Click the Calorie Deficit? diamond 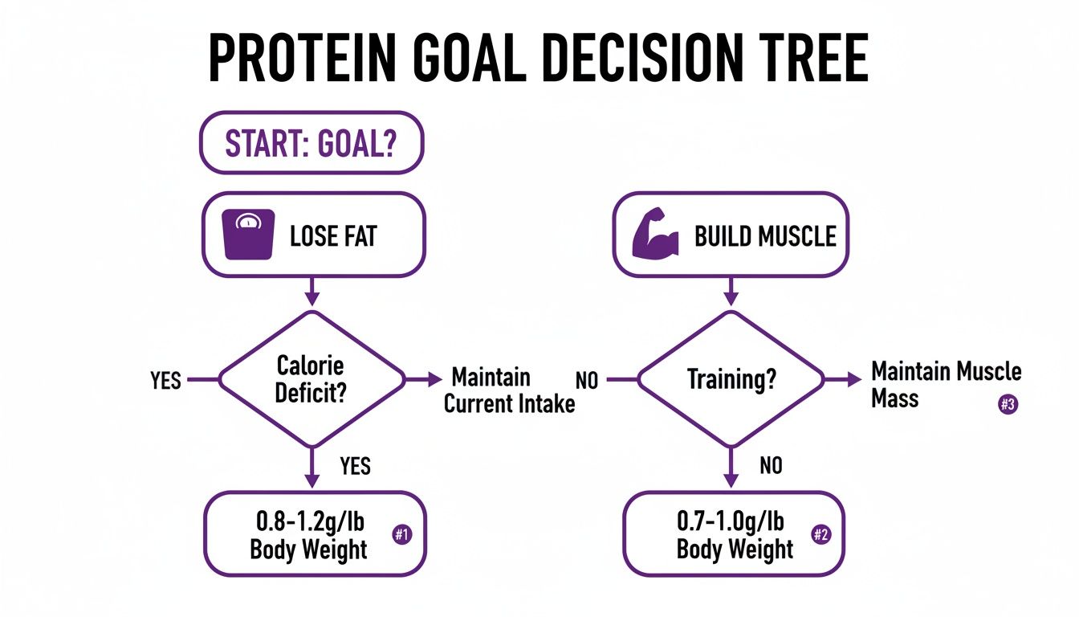311,378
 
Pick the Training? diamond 731,378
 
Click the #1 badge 401,535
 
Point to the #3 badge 1008,405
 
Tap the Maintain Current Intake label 509,390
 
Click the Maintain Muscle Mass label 946,384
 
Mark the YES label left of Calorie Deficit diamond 165,380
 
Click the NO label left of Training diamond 587,380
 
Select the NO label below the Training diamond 770,465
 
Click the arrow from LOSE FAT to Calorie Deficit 311,290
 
